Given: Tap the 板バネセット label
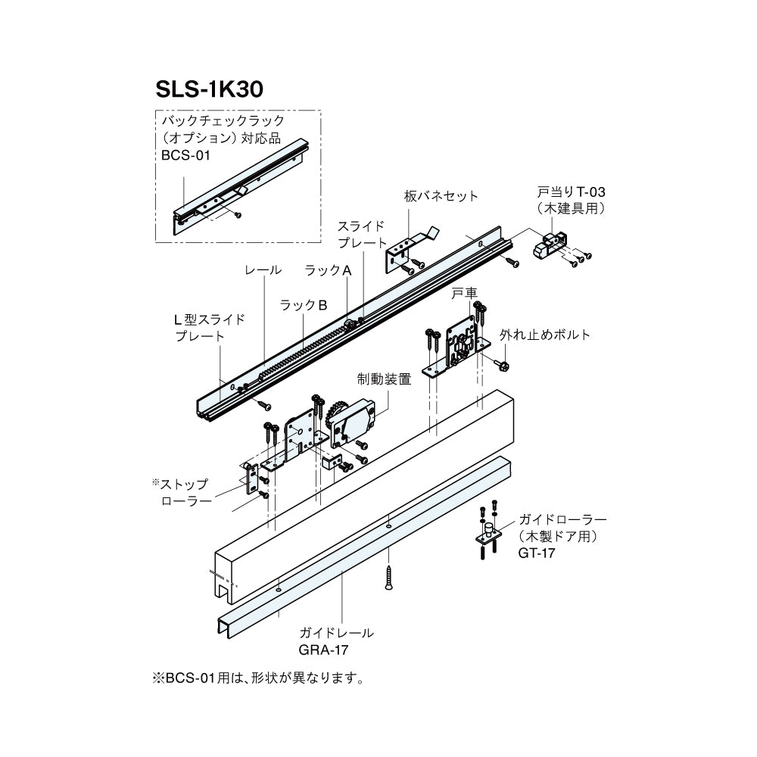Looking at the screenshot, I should [441, 196].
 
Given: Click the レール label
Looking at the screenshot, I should [263, 270].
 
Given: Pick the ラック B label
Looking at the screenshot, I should [303, 305].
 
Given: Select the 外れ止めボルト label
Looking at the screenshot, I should [544, 335].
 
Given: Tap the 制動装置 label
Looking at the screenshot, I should [384, 379].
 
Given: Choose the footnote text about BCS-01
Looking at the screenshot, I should [258, 677].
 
